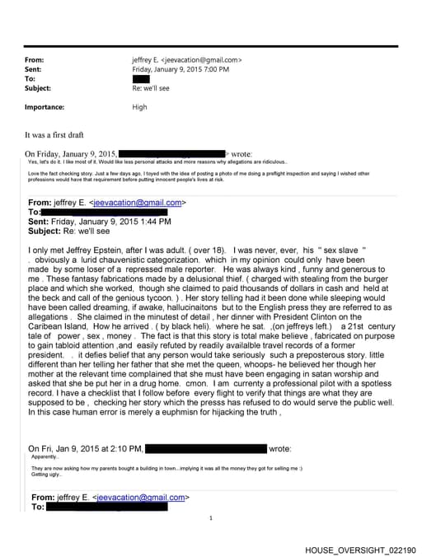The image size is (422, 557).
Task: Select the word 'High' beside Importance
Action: coord(140,106)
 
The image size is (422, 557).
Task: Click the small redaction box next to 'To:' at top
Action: coord(140,78)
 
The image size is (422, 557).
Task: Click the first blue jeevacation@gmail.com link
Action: coord(138,203)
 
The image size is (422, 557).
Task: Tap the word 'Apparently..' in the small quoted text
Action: coord(45,456)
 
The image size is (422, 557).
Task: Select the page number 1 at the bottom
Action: coord(211,518)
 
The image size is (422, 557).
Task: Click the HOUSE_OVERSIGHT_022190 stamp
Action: coord(359,550)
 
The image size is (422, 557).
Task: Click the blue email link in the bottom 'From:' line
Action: coord(141,498)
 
